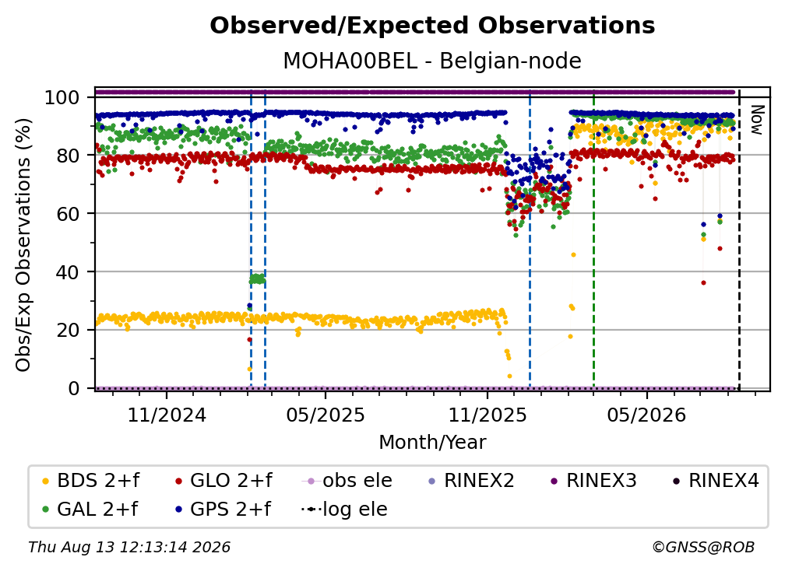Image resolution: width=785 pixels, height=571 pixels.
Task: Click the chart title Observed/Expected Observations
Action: tap(432, 26)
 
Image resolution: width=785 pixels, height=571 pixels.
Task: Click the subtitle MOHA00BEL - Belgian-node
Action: tap(432, 61)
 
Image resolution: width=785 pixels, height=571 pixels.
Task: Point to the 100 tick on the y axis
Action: tap(62, 97)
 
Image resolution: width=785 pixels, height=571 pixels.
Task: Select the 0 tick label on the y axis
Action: tap(74, 388)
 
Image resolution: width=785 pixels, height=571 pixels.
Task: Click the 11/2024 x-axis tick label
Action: tap(167, 415)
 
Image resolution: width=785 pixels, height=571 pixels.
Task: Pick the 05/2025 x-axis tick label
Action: tap(326, 415)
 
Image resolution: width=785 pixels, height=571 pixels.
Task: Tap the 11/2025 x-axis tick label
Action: tap(488, 415)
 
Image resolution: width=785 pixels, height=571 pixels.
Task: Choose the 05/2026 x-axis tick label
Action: tap(646, 415)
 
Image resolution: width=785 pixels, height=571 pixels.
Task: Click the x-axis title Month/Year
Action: tap(432, 443)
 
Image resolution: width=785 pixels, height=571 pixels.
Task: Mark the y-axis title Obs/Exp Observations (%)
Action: tap(23, 245)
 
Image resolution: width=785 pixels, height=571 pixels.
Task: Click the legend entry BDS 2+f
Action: tap(90, 481)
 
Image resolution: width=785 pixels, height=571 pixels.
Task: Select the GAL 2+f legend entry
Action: tap(90, 509)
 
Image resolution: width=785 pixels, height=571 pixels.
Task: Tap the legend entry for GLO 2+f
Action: tap(224, 481)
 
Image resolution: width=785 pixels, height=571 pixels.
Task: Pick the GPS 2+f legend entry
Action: tap(223, 509)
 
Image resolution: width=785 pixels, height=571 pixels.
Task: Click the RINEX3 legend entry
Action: tap(593, 481)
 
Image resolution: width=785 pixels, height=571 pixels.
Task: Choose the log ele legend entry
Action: tap(344, 509)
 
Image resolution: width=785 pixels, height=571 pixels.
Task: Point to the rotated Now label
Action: tap(756, 120)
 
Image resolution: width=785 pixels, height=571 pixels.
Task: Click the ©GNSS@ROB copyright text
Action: tap(703, 547)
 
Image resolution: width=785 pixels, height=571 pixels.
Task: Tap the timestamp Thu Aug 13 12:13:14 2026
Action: tap(129, 547)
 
